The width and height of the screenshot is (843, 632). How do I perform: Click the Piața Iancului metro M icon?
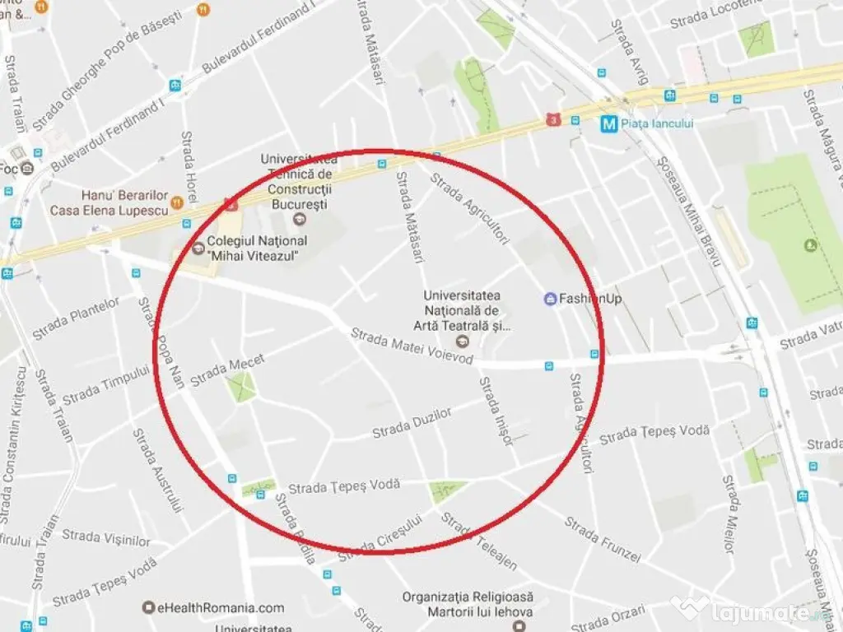click(x=609, y=123)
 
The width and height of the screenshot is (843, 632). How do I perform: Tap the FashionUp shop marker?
click(x=549, y=299)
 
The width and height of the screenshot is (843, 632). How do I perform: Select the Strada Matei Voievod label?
click(x=412, y=346)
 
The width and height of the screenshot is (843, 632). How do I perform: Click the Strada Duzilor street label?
click(x=412, y=423)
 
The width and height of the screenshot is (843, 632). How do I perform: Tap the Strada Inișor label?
click(x=496, y=411)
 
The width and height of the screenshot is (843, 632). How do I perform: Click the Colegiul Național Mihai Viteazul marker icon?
click(x=198, y=248)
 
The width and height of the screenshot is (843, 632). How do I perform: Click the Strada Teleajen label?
click(x=480, y=541)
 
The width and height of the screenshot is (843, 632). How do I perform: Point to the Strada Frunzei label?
click(x=602, y=539)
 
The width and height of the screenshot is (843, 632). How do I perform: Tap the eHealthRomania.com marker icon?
click(x=148, y=608)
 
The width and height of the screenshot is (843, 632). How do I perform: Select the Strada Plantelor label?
click(x=76, y=318)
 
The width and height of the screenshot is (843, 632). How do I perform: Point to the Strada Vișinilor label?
click(x=106, y=537)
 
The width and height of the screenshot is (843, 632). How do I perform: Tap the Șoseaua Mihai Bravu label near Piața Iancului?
click(x=688, y=210)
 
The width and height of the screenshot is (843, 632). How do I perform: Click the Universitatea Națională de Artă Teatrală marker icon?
click(x=461, y=341)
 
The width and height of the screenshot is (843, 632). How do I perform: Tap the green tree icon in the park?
click(x=811, y=244)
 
